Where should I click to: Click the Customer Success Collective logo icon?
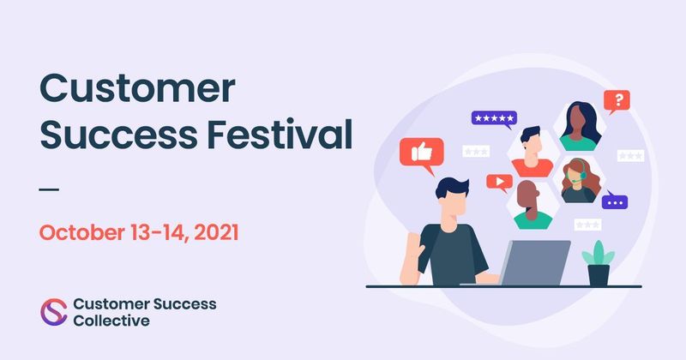[x=53, y=311]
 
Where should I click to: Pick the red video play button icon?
[x=498, y=181]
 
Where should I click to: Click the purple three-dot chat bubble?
[x=613, y=203]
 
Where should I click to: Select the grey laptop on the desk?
[x=535, y=261]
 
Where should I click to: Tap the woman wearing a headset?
[x=579, y=180]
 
